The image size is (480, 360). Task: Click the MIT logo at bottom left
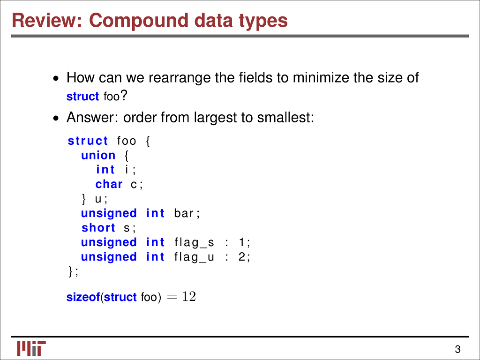(31, 348)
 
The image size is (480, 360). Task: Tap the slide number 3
(457, 349)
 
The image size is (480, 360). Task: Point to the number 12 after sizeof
(189, 297)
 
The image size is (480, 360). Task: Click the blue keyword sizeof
(83, 297)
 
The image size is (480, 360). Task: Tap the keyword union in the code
(98, 156)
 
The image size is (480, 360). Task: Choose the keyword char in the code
(109, 185)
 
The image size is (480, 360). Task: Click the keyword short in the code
(98, 228)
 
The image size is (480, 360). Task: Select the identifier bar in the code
(184, 214)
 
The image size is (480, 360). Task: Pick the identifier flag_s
(194, 243)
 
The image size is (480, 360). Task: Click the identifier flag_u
(194, 257)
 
